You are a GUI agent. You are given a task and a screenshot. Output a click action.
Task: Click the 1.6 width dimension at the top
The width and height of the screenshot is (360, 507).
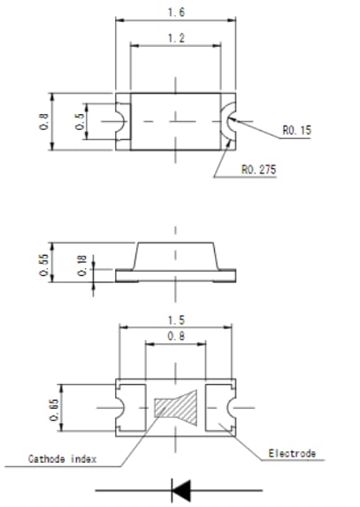[x=177, y=12]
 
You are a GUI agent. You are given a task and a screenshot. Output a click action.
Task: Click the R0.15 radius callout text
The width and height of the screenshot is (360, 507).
[x=296, y=130]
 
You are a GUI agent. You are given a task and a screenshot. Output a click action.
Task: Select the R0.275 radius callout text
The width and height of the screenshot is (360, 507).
[x=257, y=169]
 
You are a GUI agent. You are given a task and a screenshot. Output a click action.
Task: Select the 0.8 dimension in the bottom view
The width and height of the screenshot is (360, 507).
[x=177, y=336]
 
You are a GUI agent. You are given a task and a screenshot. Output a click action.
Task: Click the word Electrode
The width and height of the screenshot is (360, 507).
[x=291, y=454]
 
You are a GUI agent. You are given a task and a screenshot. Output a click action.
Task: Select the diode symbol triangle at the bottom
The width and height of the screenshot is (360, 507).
[x=180, y=488]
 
